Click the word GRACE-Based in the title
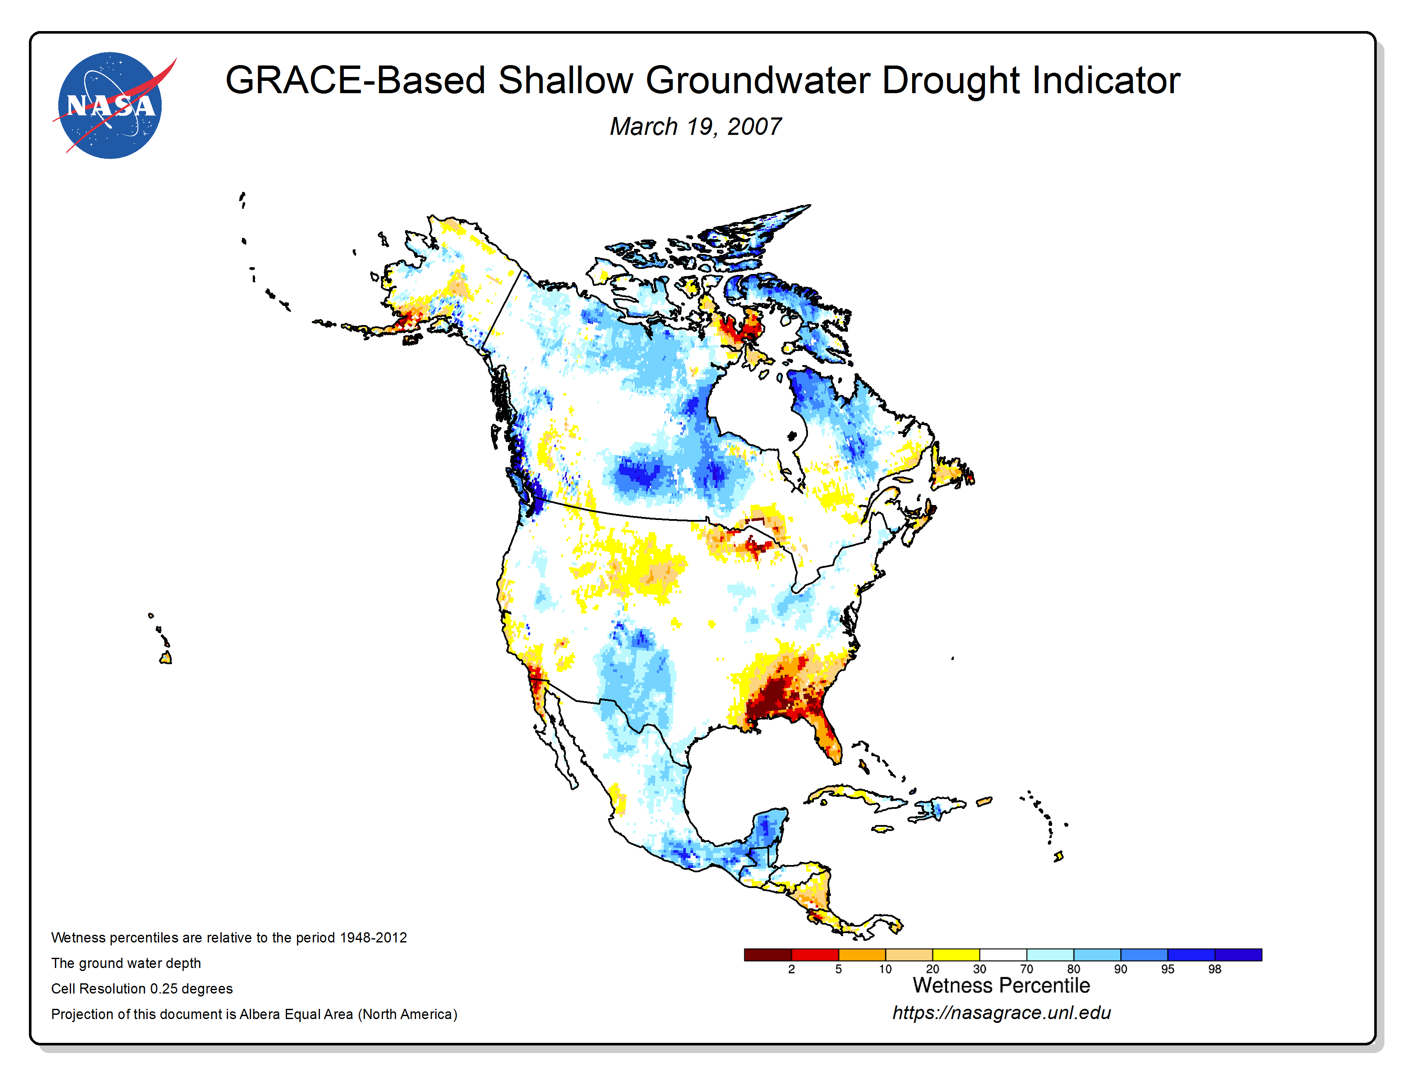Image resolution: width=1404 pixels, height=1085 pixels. [355, 80]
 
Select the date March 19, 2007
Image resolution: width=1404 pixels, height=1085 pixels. [696, 127]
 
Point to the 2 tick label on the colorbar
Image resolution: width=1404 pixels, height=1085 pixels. [791, 969]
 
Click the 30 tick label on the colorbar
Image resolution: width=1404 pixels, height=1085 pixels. [979, 969]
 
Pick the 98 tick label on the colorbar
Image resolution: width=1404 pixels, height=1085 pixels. [1214, 969]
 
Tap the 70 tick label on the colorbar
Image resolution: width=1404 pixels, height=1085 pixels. [1027, 969]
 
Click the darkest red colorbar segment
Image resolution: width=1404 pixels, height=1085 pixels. [768, 954]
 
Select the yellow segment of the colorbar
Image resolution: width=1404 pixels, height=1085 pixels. [956, 954]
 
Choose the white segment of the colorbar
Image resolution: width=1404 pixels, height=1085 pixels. [1003, 954]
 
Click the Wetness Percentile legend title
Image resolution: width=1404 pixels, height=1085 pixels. [1001, 985]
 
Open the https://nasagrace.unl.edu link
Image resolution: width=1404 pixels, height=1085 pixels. [1002, 1013]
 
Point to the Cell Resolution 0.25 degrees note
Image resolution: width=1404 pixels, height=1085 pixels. [142, 988]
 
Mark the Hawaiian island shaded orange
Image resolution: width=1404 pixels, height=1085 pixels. [166, 657]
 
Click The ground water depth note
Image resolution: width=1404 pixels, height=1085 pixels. [126, 963]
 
